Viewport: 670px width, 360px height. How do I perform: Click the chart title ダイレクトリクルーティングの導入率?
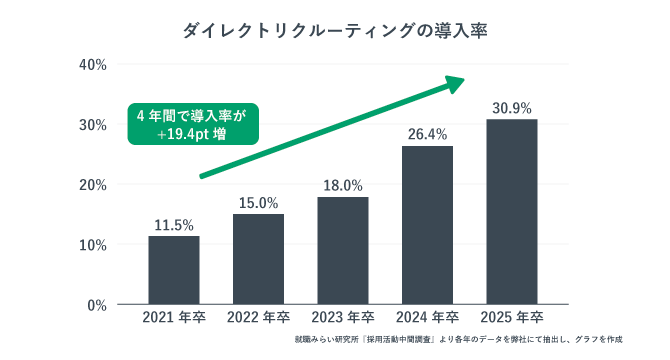335,31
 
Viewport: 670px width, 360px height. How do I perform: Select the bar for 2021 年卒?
174,270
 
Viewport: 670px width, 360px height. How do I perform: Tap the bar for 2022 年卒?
259,259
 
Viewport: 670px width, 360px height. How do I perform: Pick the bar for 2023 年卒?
343,250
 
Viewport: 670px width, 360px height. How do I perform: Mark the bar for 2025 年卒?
512,212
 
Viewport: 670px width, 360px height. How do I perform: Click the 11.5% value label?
174,224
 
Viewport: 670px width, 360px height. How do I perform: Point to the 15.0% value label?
259,203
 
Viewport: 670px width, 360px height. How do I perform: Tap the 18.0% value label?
343,185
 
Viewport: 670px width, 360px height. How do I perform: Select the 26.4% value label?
428,134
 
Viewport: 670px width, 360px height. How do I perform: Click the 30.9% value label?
512,107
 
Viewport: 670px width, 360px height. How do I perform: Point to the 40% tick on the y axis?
93,65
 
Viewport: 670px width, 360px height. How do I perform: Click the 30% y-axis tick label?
93,125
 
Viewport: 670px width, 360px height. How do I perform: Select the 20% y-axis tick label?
93,185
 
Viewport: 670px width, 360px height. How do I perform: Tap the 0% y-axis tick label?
97,305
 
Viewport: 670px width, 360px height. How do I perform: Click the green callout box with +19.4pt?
190,125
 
